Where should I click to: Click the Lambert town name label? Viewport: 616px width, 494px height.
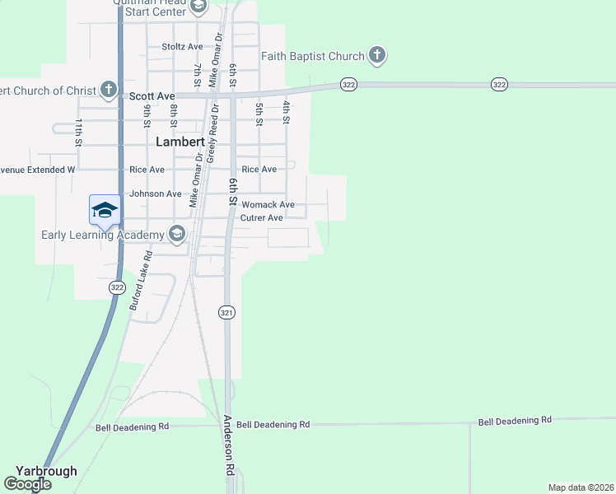pyautogui.click(x=180, y=142)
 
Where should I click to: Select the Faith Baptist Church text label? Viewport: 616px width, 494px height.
pyautogui.click(x=313, y=57)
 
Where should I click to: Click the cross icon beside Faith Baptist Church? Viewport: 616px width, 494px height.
pyautogui.click(x=377, y=56)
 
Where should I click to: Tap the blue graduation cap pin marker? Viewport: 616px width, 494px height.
pyautogui.click(x=105, y=210)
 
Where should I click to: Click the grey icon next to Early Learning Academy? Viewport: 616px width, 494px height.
pyautogui.click(x=176, y=235)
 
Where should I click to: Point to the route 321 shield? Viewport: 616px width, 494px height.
pyautogui.click(x=227, y=313)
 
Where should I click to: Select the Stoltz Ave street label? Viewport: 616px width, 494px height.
pyautogui.click(x=182, y=47)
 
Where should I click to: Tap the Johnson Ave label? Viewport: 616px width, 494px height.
pyautogui.click(x=156, y=194)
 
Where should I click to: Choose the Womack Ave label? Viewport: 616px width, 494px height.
pyautogui.click(x=268, y=205)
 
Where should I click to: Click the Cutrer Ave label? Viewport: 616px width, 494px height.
pyautogui.click(x=262, y=218)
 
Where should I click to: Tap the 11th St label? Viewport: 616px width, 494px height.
pyautogui.click(x=79, y=132)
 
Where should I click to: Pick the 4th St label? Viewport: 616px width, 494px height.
pyautogui.click(x=287, y=112)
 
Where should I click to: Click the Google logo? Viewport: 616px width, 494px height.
pyautogui.click(x=27, y=484)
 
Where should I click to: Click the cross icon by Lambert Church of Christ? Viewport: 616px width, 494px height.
pyautogui.click(x=109, y=89)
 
